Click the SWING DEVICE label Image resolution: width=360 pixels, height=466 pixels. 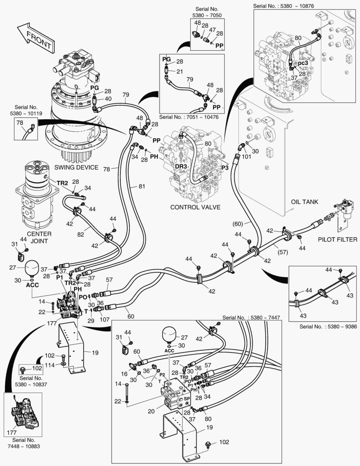point(76,167)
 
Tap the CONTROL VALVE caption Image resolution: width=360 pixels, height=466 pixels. point(195,207)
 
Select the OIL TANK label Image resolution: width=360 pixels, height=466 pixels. point(304,202)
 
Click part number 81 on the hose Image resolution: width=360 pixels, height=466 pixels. point(142,186)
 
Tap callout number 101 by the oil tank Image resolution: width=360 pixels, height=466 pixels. point(246,157)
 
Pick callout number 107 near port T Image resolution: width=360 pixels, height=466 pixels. point(104,320)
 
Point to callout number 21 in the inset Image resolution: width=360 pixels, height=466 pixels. point(179,71)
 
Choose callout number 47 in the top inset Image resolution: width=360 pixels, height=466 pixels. point(212,31)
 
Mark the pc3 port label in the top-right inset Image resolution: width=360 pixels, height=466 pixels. point(303,63)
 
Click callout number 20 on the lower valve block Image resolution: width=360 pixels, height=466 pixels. point(151,411)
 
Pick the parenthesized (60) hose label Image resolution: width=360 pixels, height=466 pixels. point(238,224)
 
